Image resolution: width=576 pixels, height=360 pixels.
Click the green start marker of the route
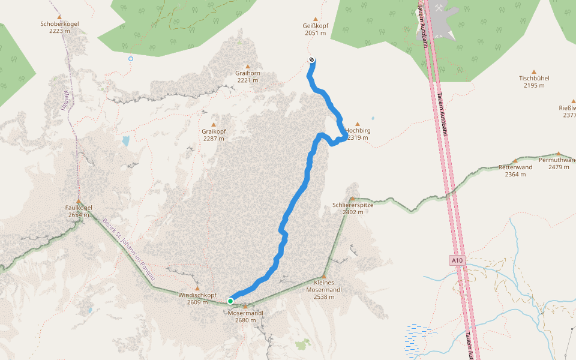(230, 301)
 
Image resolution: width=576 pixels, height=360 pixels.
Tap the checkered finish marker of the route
(311, 59)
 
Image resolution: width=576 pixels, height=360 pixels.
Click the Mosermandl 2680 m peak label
(246, 316)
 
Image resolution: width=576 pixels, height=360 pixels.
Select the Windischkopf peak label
(197, 298)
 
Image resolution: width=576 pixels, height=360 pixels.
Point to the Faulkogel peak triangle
(78, 201)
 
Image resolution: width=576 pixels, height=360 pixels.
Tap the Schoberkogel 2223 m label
(59, 27)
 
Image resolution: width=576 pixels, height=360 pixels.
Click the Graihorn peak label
(247, 76)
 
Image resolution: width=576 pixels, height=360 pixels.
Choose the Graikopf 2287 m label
(213, 134)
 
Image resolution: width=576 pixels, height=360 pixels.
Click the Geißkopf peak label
(315, 29)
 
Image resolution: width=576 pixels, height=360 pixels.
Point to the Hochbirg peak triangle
(358, 124)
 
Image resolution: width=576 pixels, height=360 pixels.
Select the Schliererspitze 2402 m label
(353, 208)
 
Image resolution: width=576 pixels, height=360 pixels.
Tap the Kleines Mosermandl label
(324, 289)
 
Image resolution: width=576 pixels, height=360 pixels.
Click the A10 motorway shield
(457, 260)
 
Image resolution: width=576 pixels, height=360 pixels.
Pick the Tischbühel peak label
(534, 82)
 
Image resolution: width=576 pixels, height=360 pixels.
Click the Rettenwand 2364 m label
(515, 170)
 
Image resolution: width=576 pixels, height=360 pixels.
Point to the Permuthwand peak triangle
(558, 154)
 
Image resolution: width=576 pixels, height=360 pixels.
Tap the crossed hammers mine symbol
(440, 8)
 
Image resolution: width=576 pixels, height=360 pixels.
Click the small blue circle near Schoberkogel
(131, 59)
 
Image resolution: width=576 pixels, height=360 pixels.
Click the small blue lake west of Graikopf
(125, 141)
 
